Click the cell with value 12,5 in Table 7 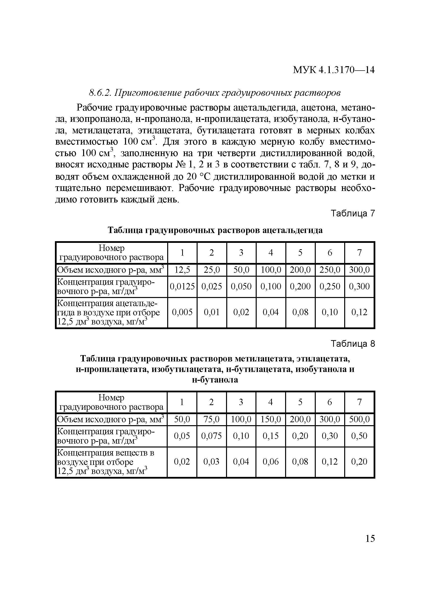click(x=182, y=270)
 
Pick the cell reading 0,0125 click(x=182, y=286)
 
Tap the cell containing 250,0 click(x=330, y=270)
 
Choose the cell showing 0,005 click(x=182, y=312)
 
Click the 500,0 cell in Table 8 click(x=359, y=419)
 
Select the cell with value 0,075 click(x=211, y=436)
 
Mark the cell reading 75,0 click(x=211, y=419)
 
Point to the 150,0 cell click(x=270, y=419)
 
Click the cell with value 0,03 click(x=211, y=461)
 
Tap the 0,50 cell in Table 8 click(x=359, y=436)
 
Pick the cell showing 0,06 click(x=270, y=461)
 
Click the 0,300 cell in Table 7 click(x=359, y=286)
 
